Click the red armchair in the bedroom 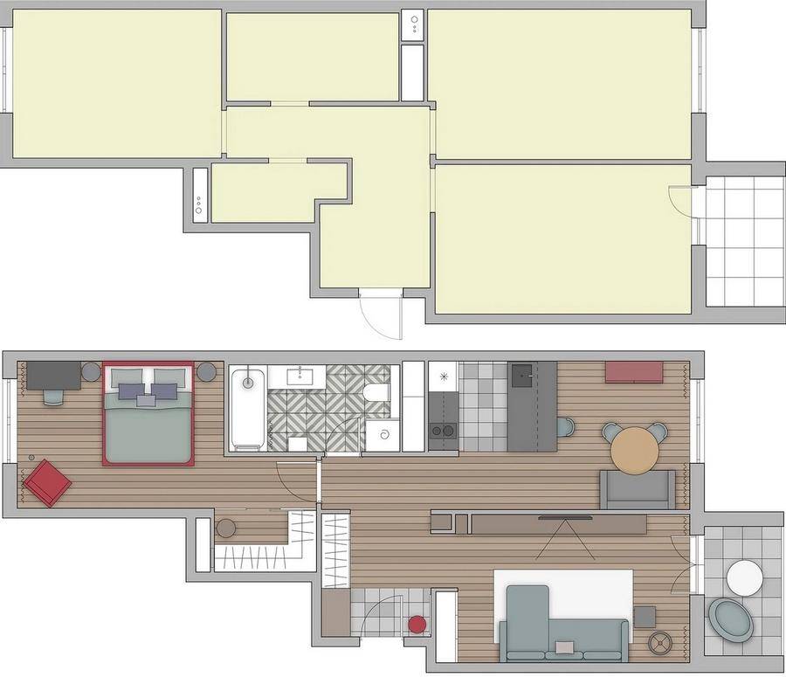coord(47,483)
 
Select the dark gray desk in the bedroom coord(53,375)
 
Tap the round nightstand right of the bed coord(206,372)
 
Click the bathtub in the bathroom coord(249,408)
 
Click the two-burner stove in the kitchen coord(443,430)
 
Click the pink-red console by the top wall coord(634,371)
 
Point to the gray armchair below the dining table coord(638,489)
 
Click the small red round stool coord(417,625)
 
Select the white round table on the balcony coord(745,577)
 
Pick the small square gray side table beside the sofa coord(645,617)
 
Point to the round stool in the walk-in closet coord(225,528)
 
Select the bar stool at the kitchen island coord(566,427)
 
